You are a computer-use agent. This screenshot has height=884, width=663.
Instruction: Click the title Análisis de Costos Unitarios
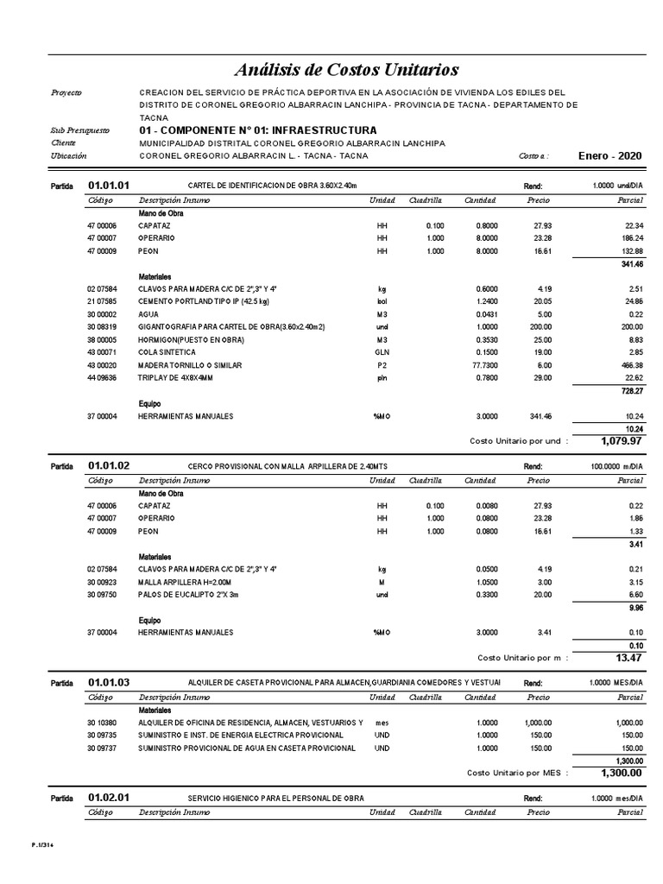[x=347, y=69]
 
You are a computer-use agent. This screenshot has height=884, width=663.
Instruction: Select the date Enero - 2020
[x=610, y=155]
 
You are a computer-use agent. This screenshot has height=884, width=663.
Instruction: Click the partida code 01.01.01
[x=109, y=185]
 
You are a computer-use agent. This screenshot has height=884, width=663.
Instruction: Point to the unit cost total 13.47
[x=628, y=658]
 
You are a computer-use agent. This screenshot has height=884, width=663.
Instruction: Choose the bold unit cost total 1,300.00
[x=621, y=773]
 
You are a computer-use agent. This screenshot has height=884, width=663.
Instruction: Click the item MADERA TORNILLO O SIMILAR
[x=190, y=365]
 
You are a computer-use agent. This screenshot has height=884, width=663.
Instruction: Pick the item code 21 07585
[x=101, y=301]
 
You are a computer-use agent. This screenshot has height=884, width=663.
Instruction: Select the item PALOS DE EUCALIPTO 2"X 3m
[x=187, y=595]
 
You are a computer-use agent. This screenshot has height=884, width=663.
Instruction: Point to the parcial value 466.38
[x=629, y=365]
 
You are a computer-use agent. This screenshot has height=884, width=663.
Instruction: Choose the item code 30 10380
[x=101, y=722]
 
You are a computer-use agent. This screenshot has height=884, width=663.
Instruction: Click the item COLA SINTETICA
[x=167, y=353]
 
